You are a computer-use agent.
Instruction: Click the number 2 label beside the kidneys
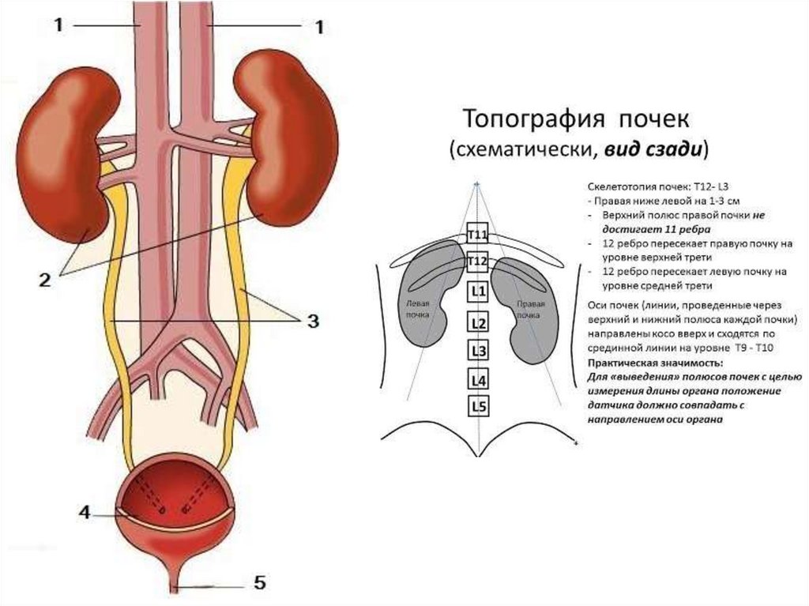pyautogui.click(x=44, y=279)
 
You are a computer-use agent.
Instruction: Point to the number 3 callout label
pyautogui.click(x=313, y=321)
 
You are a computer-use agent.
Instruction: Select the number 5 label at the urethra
pyautogui.click(x=260, y=584)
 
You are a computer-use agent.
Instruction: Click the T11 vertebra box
pyautogui.click(x=477, y=235)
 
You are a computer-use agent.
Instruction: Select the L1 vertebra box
pyautogui.click(x=477, y=292)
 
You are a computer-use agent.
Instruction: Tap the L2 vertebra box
pyautogui.click(x=477, y=322)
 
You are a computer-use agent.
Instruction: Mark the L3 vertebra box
pyautogui.click(x=477, y=351)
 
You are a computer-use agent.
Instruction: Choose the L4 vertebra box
pyautogui.click(x=477, y=380)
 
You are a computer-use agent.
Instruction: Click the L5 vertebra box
pyautogui.click(x=477, y=407)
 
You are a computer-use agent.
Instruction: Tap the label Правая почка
pyautogui.click(x=531, y=308)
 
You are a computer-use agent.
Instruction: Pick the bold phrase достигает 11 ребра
pyautogui.click(x=639, y=228)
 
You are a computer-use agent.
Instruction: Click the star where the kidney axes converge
pyautogui.click(x=477, y=183)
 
